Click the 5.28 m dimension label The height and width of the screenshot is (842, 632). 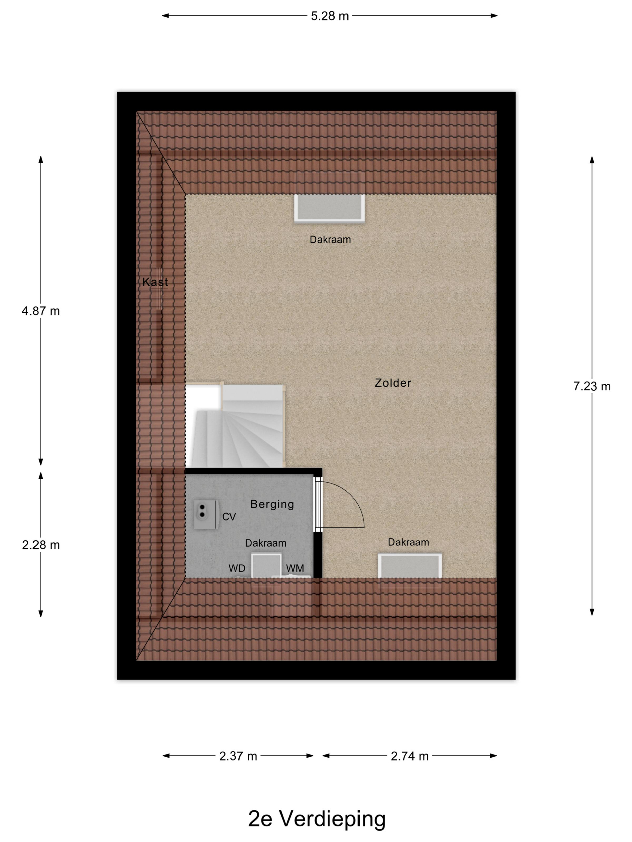pos(330,16)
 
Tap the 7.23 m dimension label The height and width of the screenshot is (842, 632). pos(592,386)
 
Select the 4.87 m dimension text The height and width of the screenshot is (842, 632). pos(41,311)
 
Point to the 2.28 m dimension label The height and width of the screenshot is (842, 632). pos(41,545)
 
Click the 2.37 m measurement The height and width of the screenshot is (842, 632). pos(238,756)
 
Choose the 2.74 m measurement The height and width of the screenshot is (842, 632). pos(410,756)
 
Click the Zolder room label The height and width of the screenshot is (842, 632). pos(393,383)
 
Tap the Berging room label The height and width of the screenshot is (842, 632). pos(272,504)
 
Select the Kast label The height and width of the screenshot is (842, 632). pos(155,282)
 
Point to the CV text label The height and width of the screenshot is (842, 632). pos(229,517)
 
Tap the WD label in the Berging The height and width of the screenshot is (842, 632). pos(237,568)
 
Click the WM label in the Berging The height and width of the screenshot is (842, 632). pos(295,568)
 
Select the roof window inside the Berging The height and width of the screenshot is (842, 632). pos(266,567)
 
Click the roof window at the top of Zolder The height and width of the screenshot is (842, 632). pos(329,207)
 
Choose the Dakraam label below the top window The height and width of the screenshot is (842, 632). pos(330,240)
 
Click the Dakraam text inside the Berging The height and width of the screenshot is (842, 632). pos(265,543)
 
